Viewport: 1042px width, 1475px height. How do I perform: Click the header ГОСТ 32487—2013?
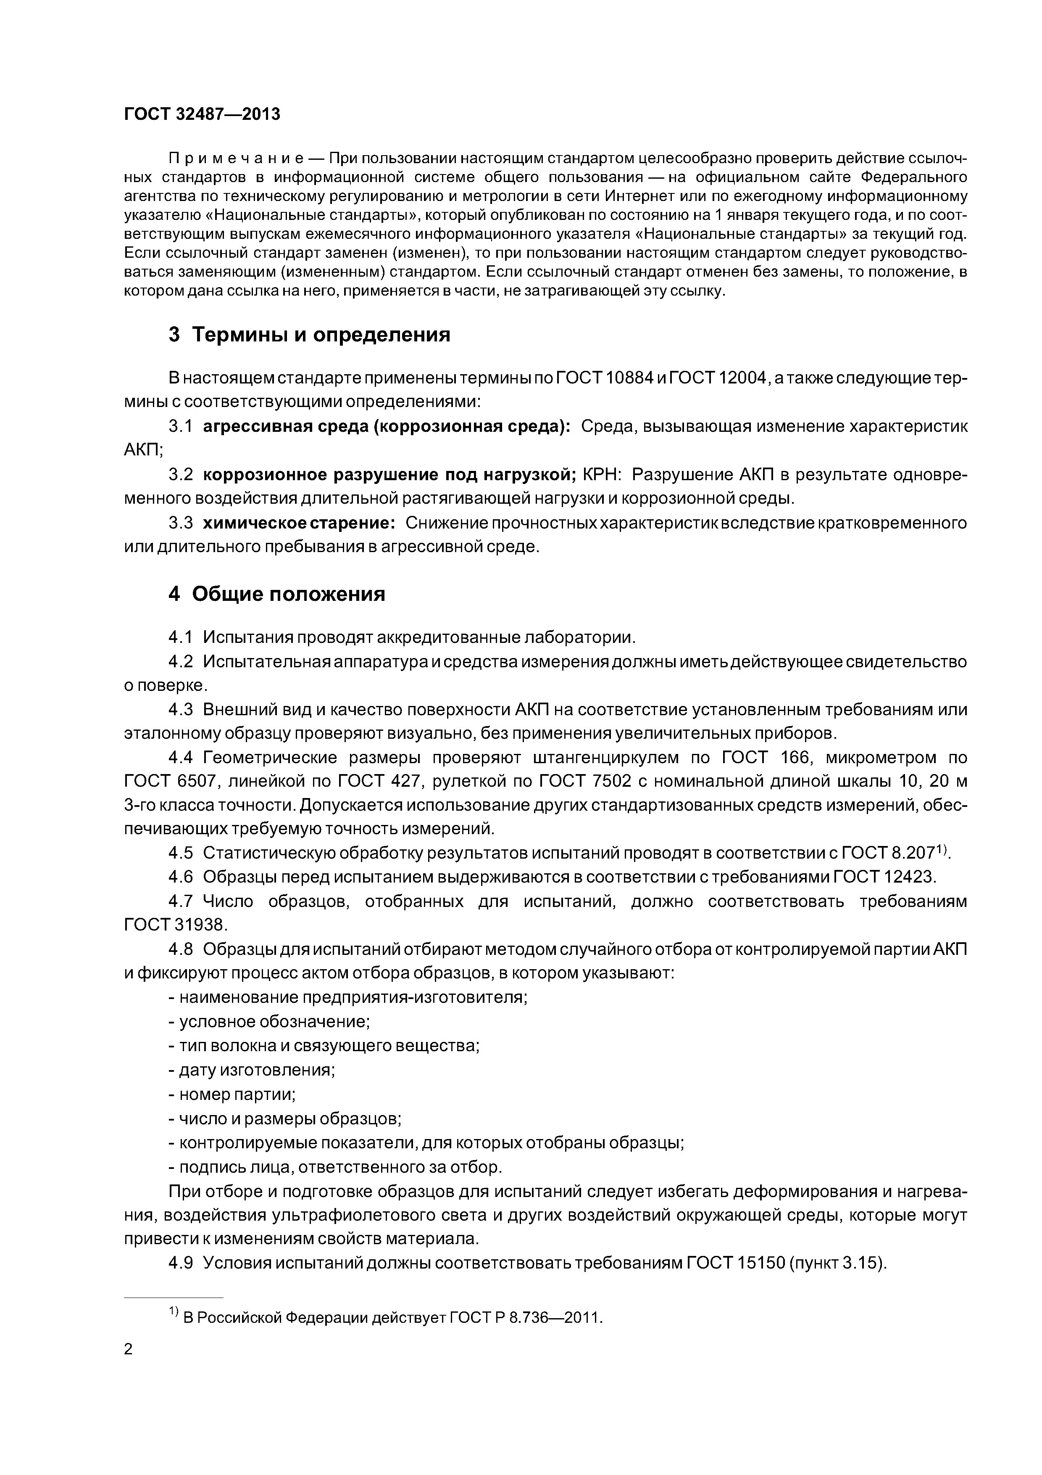(x=202, y=114)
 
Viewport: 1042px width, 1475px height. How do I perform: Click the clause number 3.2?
(x=180, y=475)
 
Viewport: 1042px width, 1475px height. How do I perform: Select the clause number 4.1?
(x=180, y=637)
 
